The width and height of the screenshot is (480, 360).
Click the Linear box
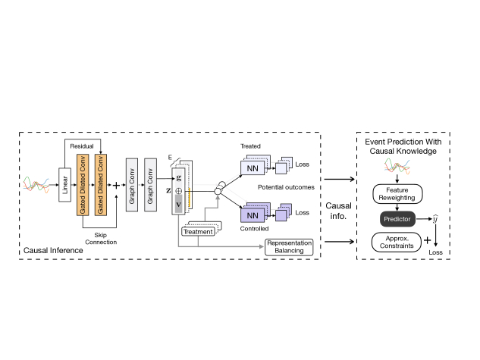point(64,185)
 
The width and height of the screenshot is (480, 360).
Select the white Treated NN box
point(253,168)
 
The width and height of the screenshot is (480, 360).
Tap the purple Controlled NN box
point(253,215)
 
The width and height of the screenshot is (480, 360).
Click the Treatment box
point(198,232)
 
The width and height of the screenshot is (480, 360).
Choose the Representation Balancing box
point(289,247)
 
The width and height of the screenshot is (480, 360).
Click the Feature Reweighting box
point(397,194)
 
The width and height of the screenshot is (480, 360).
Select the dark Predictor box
point(397,219)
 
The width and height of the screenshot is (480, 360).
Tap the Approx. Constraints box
point(397,243)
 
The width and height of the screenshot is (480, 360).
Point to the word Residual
point(82,146)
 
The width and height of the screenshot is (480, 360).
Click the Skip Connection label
point(101,239)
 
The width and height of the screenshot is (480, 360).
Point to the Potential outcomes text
point(286,187)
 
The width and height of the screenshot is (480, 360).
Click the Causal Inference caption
point(53,251)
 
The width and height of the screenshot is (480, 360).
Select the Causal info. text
point(338,211)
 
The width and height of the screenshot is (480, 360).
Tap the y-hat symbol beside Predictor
point(435,219)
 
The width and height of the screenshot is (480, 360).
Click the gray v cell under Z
point(178,205)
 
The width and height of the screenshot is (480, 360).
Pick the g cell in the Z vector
point(178,178)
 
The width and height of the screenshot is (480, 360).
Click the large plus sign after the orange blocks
point(116,185)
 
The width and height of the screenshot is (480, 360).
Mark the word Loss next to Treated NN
point(302,164)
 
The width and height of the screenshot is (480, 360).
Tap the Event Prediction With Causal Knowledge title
point(403,146)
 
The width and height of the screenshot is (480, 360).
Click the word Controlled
point(254,229)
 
